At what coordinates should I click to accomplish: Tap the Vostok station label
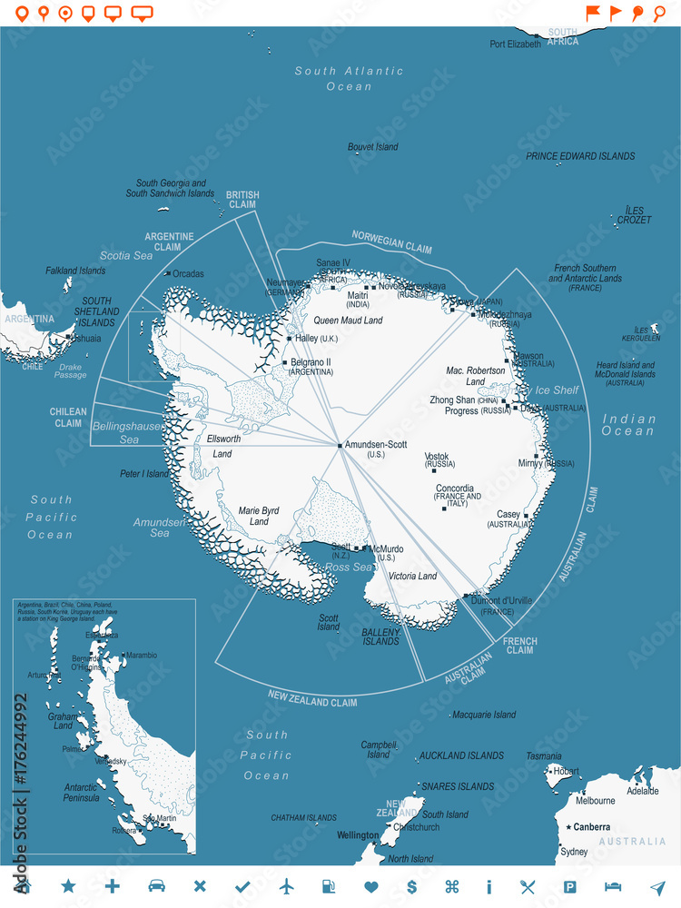pos(437,457)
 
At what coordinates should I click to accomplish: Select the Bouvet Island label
pos(372,147)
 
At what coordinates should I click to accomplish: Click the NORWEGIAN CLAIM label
pos(392,242)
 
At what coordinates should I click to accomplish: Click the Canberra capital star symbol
pos(569,827)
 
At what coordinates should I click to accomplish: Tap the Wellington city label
pos(358,835)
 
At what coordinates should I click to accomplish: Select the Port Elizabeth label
pos(515,44)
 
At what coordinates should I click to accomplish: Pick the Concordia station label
pos(454,489)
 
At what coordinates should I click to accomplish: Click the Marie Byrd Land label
pos(259,516)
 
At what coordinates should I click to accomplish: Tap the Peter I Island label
pos(144,474)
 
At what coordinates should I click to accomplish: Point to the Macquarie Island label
pos(483,715)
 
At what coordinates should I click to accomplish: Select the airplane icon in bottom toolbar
pos(287,886)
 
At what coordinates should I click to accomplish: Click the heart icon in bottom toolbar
pos(370,886)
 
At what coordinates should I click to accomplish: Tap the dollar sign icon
pos(411,886)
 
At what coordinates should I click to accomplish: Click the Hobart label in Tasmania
pos(566,772)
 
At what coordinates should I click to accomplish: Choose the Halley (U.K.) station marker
pos(289,339)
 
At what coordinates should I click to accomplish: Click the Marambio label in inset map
pos(141,655)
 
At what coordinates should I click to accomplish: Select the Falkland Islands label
pos(75,271)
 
